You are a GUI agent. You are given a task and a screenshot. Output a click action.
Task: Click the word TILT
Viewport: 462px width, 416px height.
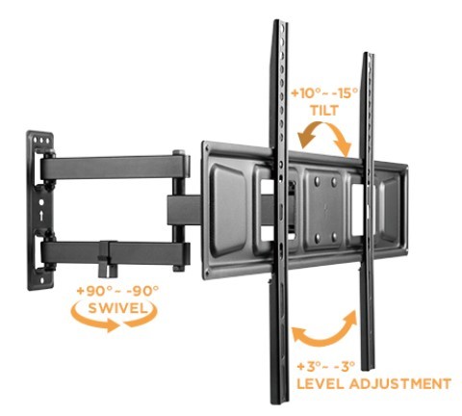[324, 111]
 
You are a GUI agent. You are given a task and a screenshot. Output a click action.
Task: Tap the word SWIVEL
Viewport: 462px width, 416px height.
[117, 308]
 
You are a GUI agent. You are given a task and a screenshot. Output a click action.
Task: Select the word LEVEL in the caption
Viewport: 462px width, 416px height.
[321, 383]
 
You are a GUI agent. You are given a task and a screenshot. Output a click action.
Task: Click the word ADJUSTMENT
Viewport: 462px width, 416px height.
[400, 383]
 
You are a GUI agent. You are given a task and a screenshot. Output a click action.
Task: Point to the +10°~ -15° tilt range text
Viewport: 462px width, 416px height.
[324, 93]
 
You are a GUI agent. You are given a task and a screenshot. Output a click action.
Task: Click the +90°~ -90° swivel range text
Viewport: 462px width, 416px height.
[117, 291]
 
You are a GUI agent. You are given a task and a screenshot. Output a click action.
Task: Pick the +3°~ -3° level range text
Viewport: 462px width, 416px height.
[326, 366]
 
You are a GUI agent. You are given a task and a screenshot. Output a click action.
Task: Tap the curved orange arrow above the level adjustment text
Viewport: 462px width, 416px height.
[324, 341]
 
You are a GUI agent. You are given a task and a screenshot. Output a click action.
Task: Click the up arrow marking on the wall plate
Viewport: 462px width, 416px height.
[41, 216]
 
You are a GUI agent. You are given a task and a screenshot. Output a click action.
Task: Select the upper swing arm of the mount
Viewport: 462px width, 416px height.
[114, 167]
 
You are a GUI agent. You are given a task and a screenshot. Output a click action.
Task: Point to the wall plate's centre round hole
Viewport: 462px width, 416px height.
[41, 203]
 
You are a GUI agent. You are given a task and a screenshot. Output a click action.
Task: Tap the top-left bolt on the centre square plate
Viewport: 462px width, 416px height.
[318, 181]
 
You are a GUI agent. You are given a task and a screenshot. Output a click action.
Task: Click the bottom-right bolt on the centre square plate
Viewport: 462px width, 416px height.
[335, 237]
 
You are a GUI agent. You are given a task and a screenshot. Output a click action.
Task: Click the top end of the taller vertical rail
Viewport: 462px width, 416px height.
[280, 22]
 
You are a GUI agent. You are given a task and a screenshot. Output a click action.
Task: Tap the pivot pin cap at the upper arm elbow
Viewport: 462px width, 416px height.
[179, 153]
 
